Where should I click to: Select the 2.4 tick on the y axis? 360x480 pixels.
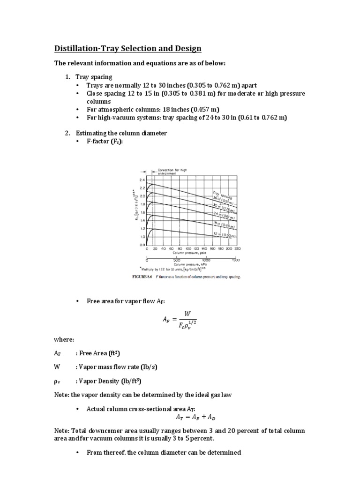tap(142, 180)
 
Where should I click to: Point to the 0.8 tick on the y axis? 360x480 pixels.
tap(142, 245)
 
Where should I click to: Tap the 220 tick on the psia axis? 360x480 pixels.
tap(237, 249)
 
